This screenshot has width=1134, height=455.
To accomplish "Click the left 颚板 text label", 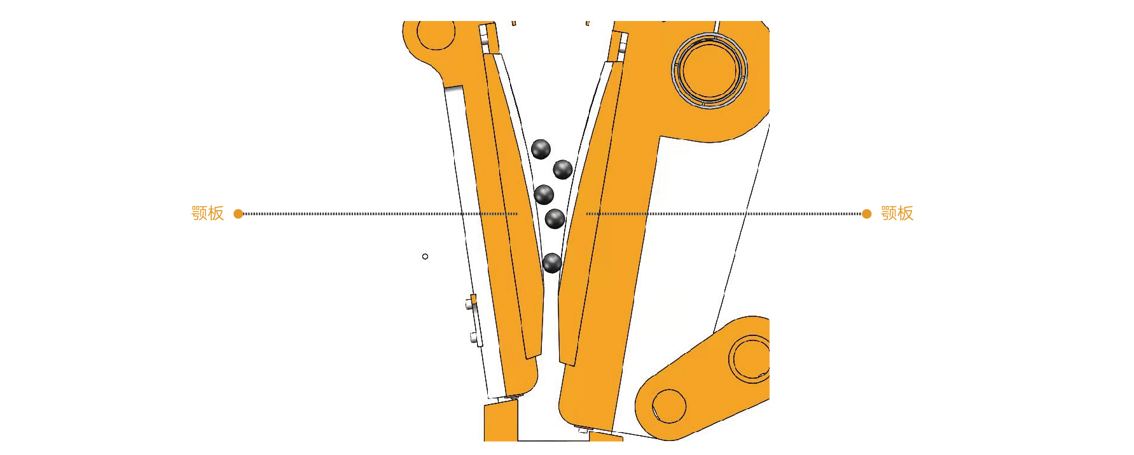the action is click(x=208, y=213).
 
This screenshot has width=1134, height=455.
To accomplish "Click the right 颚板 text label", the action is click(x=897, y=213).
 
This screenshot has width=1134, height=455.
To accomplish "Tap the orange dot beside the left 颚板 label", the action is click(x=239, y=214).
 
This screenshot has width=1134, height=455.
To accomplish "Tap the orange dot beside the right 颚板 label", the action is click(x=866, y=214).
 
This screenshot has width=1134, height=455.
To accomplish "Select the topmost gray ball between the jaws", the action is click(x=541, y=150).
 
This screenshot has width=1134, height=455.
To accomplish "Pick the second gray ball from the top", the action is click(x=563, y=170).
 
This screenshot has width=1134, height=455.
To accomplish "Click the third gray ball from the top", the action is click(x=544, y=195).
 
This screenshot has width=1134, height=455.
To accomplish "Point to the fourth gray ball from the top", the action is click(x=555, y=219).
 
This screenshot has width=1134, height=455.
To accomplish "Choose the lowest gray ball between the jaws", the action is click(x=552, y=263).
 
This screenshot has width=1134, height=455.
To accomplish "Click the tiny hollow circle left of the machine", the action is click(x=425, y=256).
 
